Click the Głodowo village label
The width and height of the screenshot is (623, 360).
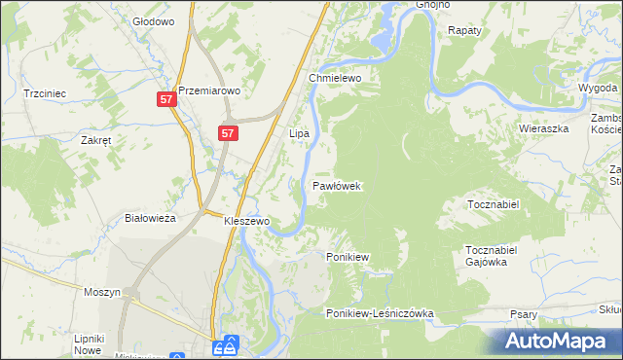153,20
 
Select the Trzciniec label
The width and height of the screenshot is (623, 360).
45,94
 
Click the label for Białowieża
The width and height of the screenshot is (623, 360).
151,219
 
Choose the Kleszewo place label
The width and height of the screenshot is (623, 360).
246,221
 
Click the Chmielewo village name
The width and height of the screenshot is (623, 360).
335,78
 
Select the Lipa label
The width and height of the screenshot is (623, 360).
299,131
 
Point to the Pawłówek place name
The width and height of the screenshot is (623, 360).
338,185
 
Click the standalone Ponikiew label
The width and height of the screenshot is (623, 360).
347,257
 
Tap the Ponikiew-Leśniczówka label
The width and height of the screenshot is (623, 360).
380,313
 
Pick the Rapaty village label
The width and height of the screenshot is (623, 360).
464,31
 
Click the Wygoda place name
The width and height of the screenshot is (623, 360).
597,87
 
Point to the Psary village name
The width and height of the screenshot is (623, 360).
526,314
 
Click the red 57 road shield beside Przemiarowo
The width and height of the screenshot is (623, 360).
166,99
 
